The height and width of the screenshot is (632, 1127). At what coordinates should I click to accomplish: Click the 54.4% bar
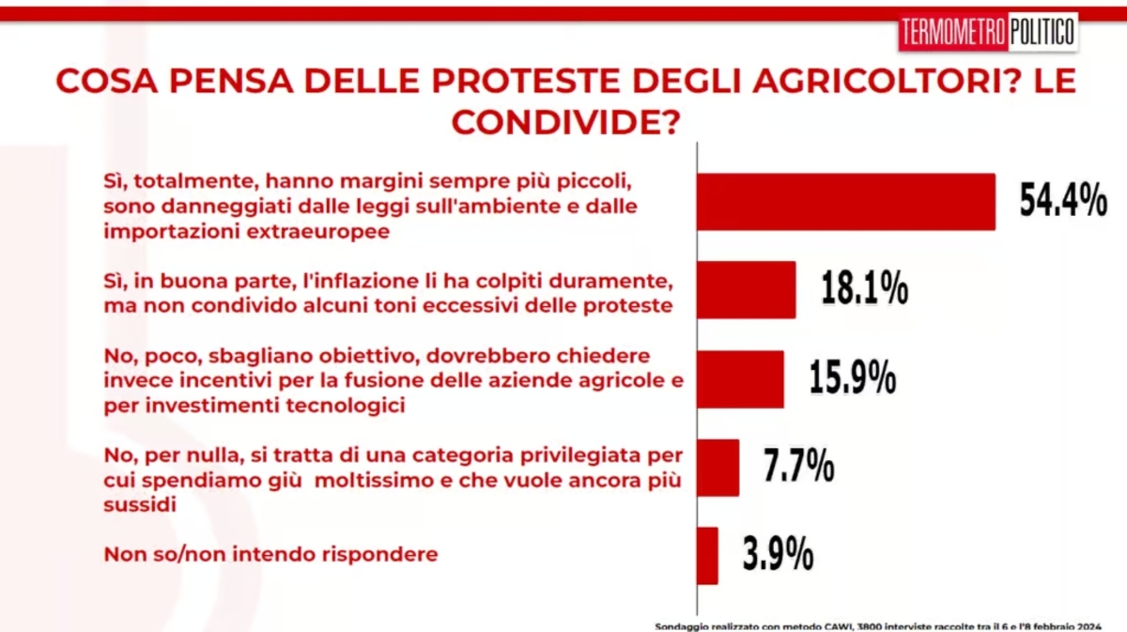[x=845, y=202]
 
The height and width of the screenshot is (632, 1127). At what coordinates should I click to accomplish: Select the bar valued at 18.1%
[x=746, y=290]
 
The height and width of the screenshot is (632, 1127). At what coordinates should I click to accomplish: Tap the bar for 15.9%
[x=740, y=379]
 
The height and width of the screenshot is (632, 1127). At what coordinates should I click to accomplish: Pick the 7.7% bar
[x=718, y=468]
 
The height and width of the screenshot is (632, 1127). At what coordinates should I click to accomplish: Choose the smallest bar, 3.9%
[x=707, y=555]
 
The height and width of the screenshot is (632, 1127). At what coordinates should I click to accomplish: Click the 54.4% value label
[x=1063, y=201]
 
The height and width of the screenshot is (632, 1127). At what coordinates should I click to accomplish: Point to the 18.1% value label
[x=864, y=289]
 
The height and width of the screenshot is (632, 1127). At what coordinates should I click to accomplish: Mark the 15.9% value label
[x=852, y=378]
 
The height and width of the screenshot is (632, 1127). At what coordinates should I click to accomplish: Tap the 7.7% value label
[x=799, y=467]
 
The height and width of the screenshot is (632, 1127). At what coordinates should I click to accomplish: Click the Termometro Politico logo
[x=988, y=34]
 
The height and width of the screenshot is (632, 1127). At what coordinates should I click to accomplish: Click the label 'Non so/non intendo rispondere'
[x=271, y=554]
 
